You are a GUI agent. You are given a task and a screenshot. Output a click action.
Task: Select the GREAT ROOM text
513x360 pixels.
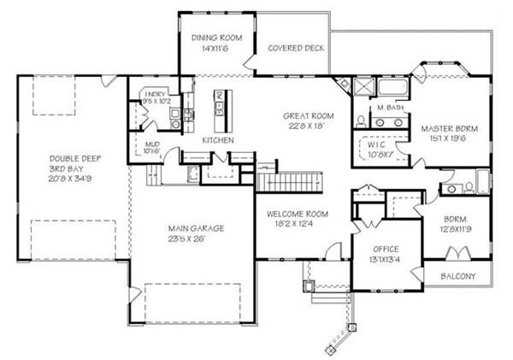pyautogui.click(x=309, y=115)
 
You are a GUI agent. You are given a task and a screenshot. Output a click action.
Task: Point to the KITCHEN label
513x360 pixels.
pyautogui.click(x=218, y=139)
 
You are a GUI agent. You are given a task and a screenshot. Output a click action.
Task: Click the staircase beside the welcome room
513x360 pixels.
pyautogui.click(x=292, y=180)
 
